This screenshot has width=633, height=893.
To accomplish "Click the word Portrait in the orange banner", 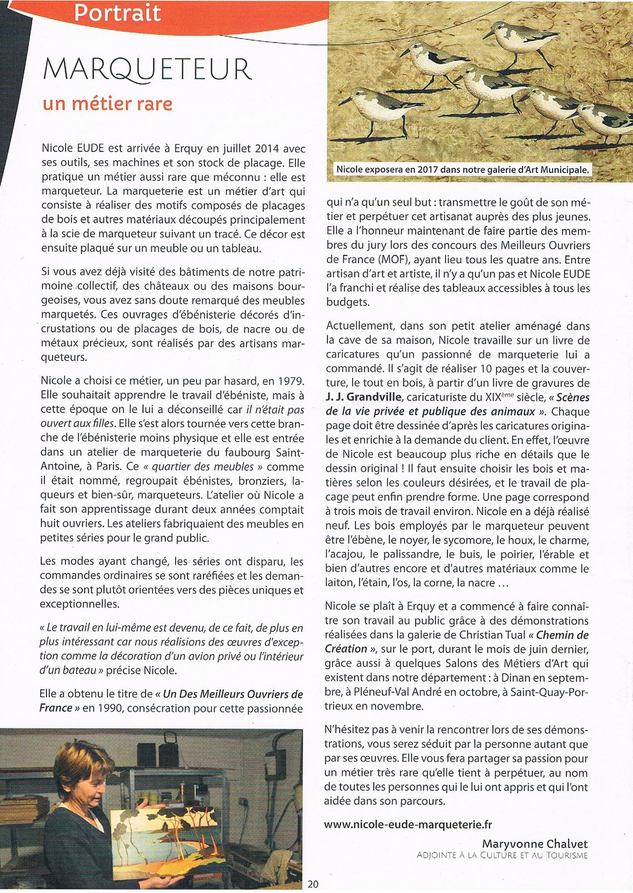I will click(117, 13).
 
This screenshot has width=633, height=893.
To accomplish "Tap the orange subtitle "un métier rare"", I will click(107, 104).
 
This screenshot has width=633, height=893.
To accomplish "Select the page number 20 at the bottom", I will click(313, 884).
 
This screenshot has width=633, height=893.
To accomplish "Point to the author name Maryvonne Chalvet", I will click(535, 843).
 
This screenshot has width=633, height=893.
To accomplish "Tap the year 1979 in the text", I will click(291, 381).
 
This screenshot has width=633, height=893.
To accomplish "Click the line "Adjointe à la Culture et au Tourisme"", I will click(502, 855).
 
